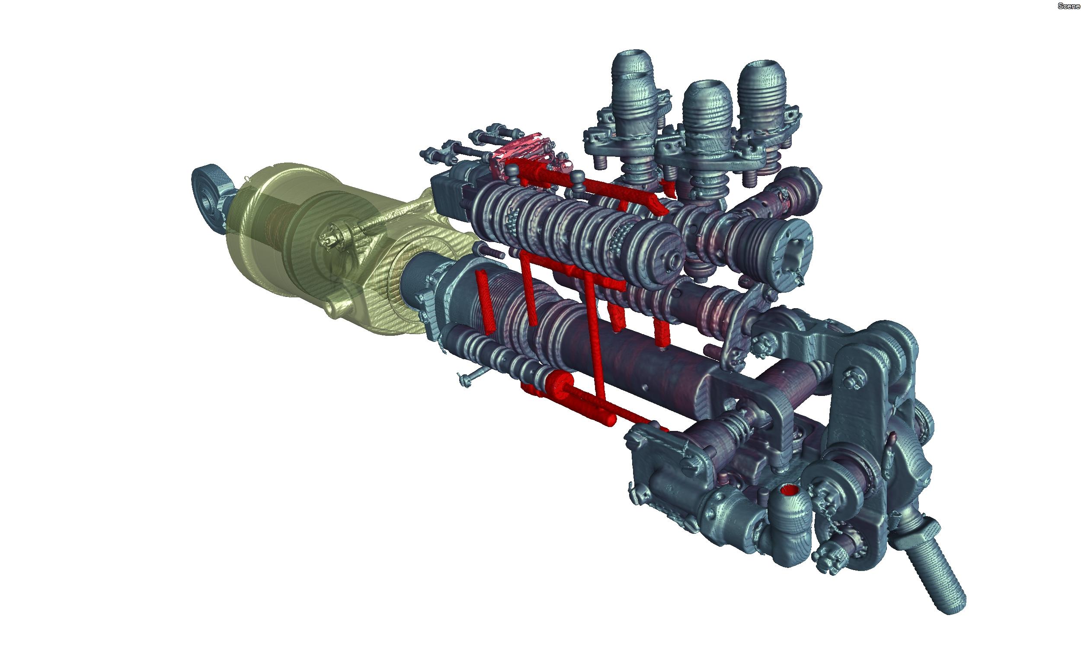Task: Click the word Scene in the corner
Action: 1069,6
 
